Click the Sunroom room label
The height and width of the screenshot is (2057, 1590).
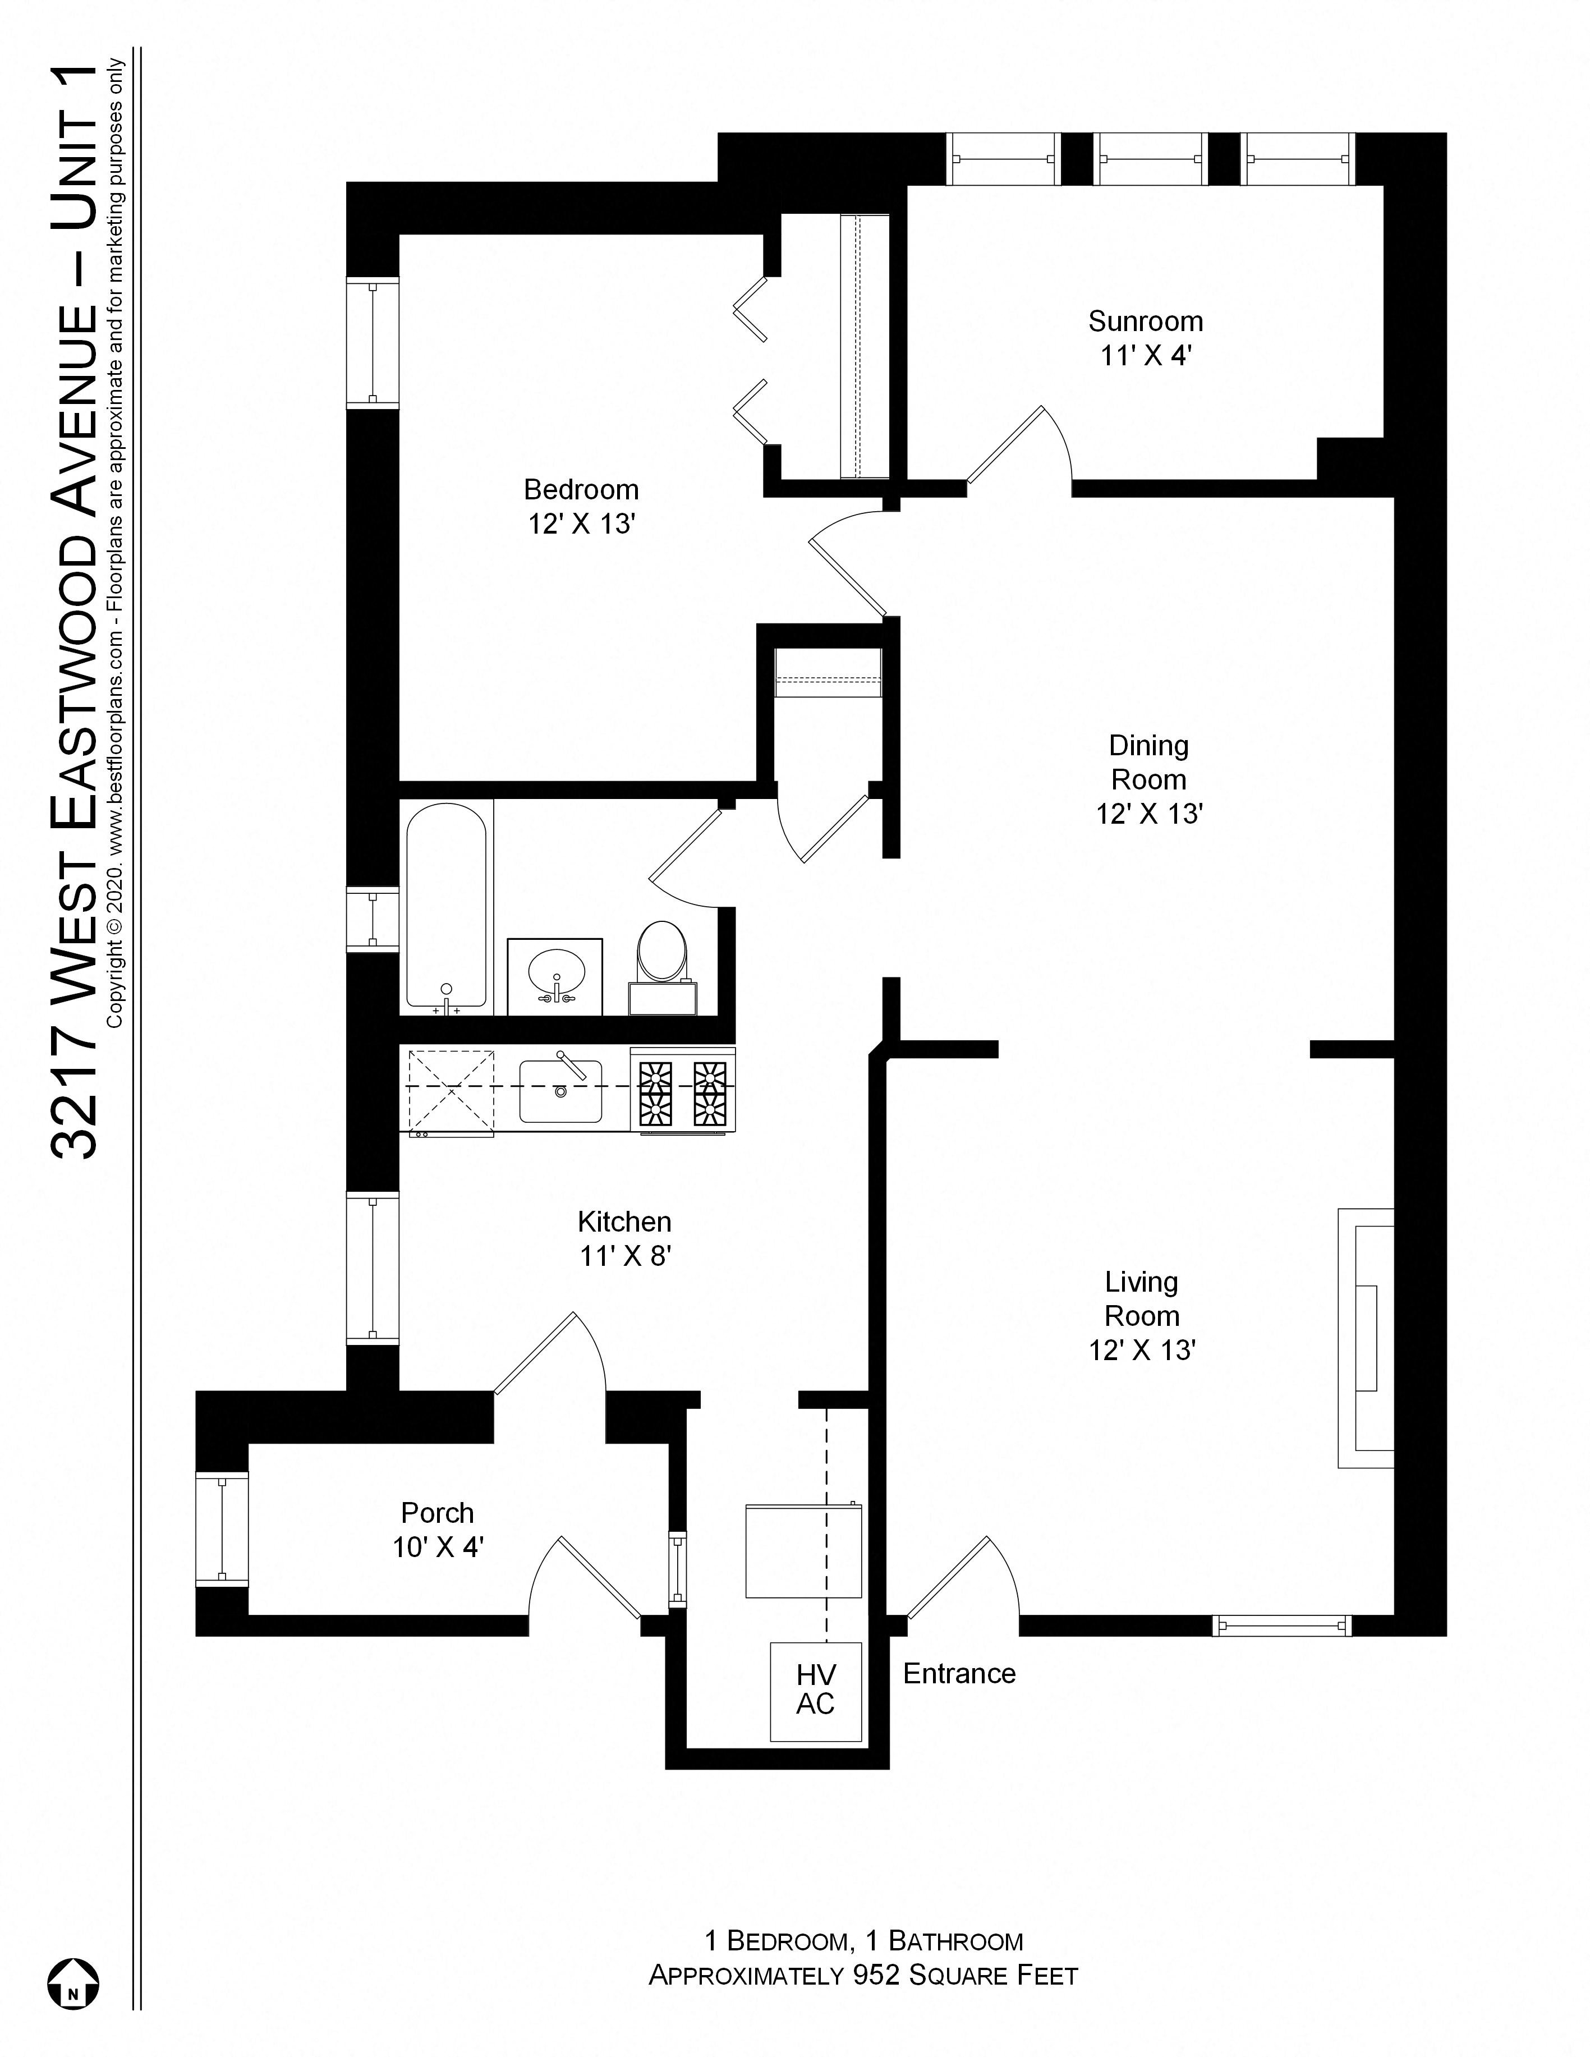1146,321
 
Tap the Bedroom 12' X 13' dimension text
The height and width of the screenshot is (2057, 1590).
581,524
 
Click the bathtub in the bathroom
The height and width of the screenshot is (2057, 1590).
447,904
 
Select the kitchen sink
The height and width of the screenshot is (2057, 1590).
560,1091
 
